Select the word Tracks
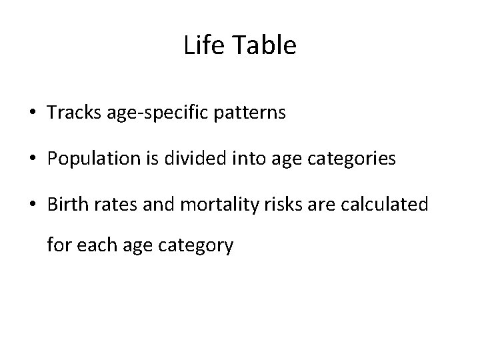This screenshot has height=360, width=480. (x=71, y=113)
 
